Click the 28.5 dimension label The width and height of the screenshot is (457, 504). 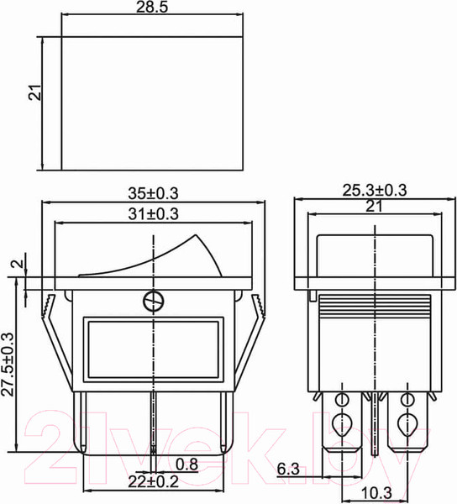coord(152,7)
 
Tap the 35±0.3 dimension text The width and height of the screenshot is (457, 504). coord(153,193)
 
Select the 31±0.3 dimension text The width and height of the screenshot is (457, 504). coord(153,213)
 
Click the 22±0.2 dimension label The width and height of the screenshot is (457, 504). coord(153,481)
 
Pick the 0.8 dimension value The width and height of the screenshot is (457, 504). coord(186,465)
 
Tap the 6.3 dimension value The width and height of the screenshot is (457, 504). coord(288,469)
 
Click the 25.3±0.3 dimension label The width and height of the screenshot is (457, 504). coord(375,190)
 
